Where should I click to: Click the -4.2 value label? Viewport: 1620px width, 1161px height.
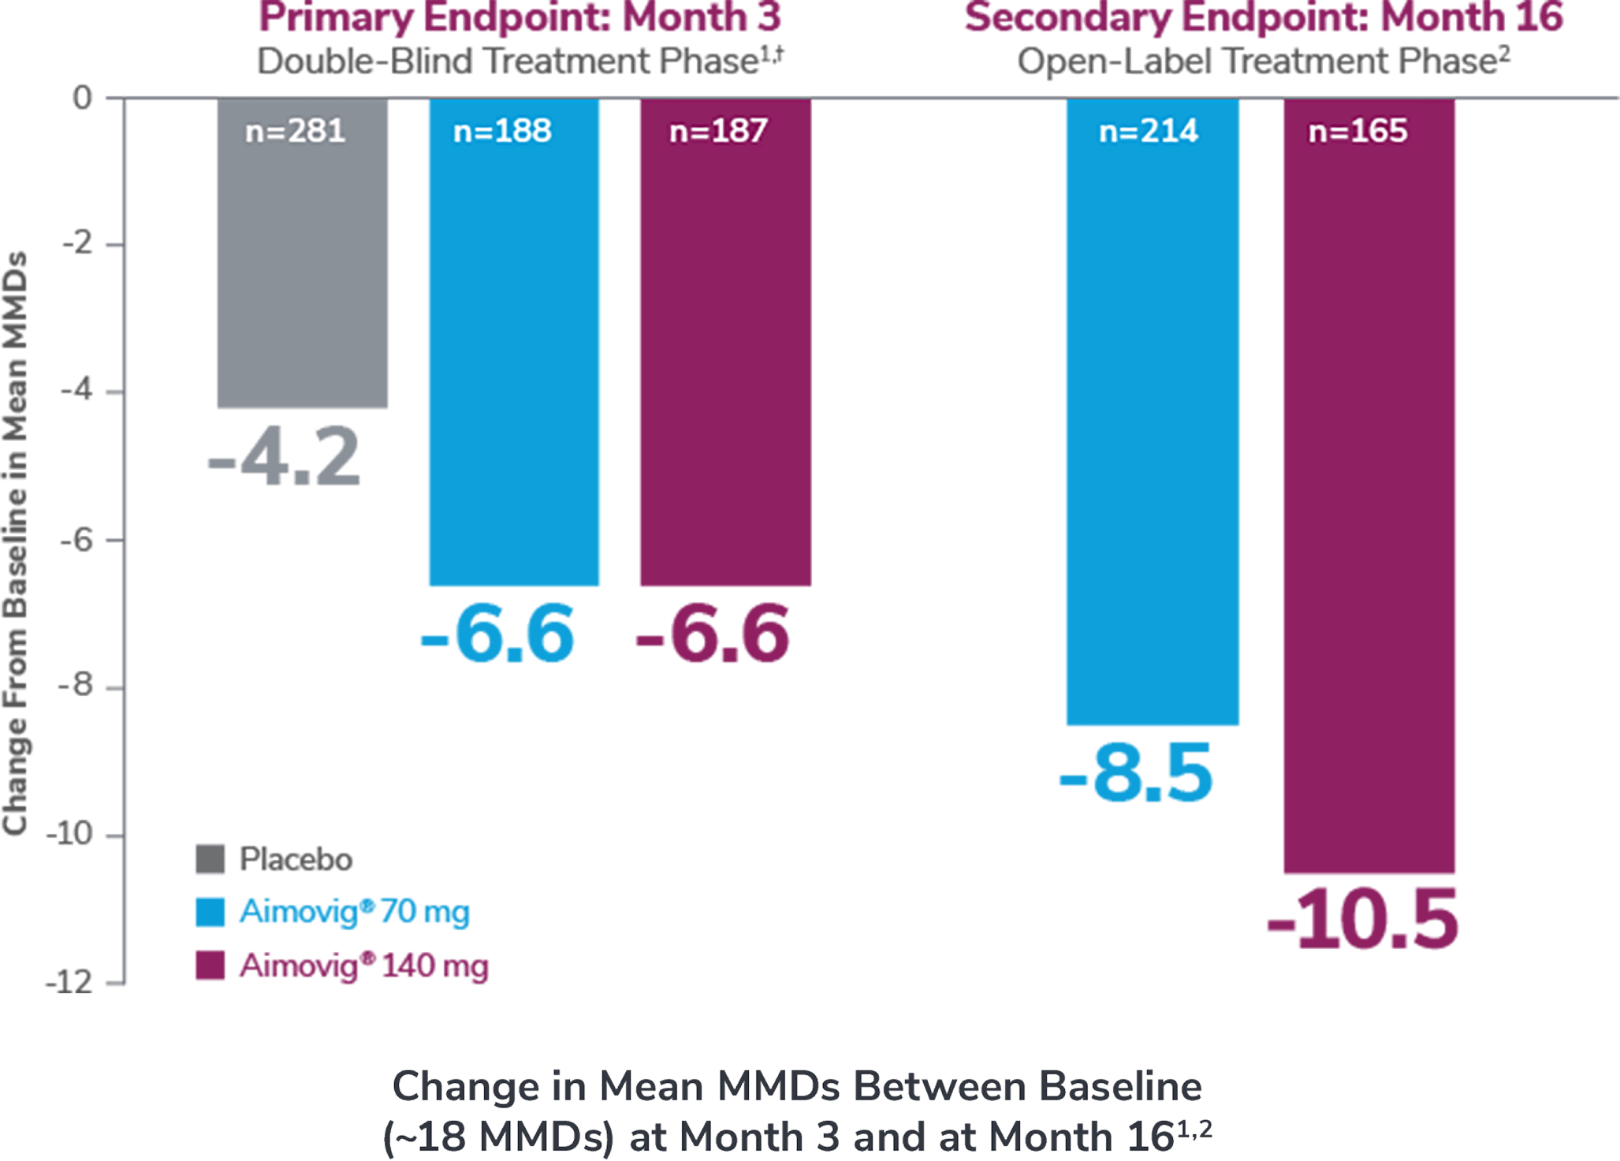tap(284, 457)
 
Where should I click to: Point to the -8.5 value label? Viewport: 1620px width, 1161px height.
tap(1136, 775)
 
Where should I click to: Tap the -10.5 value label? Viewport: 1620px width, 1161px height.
tap(1363, 919)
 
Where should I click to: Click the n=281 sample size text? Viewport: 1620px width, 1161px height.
tap(295, 131)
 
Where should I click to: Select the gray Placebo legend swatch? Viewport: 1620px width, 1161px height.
tap(210, 859)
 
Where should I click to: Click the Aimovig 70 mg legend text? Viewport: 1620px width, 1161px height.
tap(354, 912)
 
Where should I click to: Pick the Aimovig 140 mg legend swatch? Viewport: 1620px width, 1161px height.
tap(210, 966)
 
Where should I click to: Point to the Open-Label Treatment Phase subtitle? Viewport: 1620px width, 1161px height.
tap(1264, 61)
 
